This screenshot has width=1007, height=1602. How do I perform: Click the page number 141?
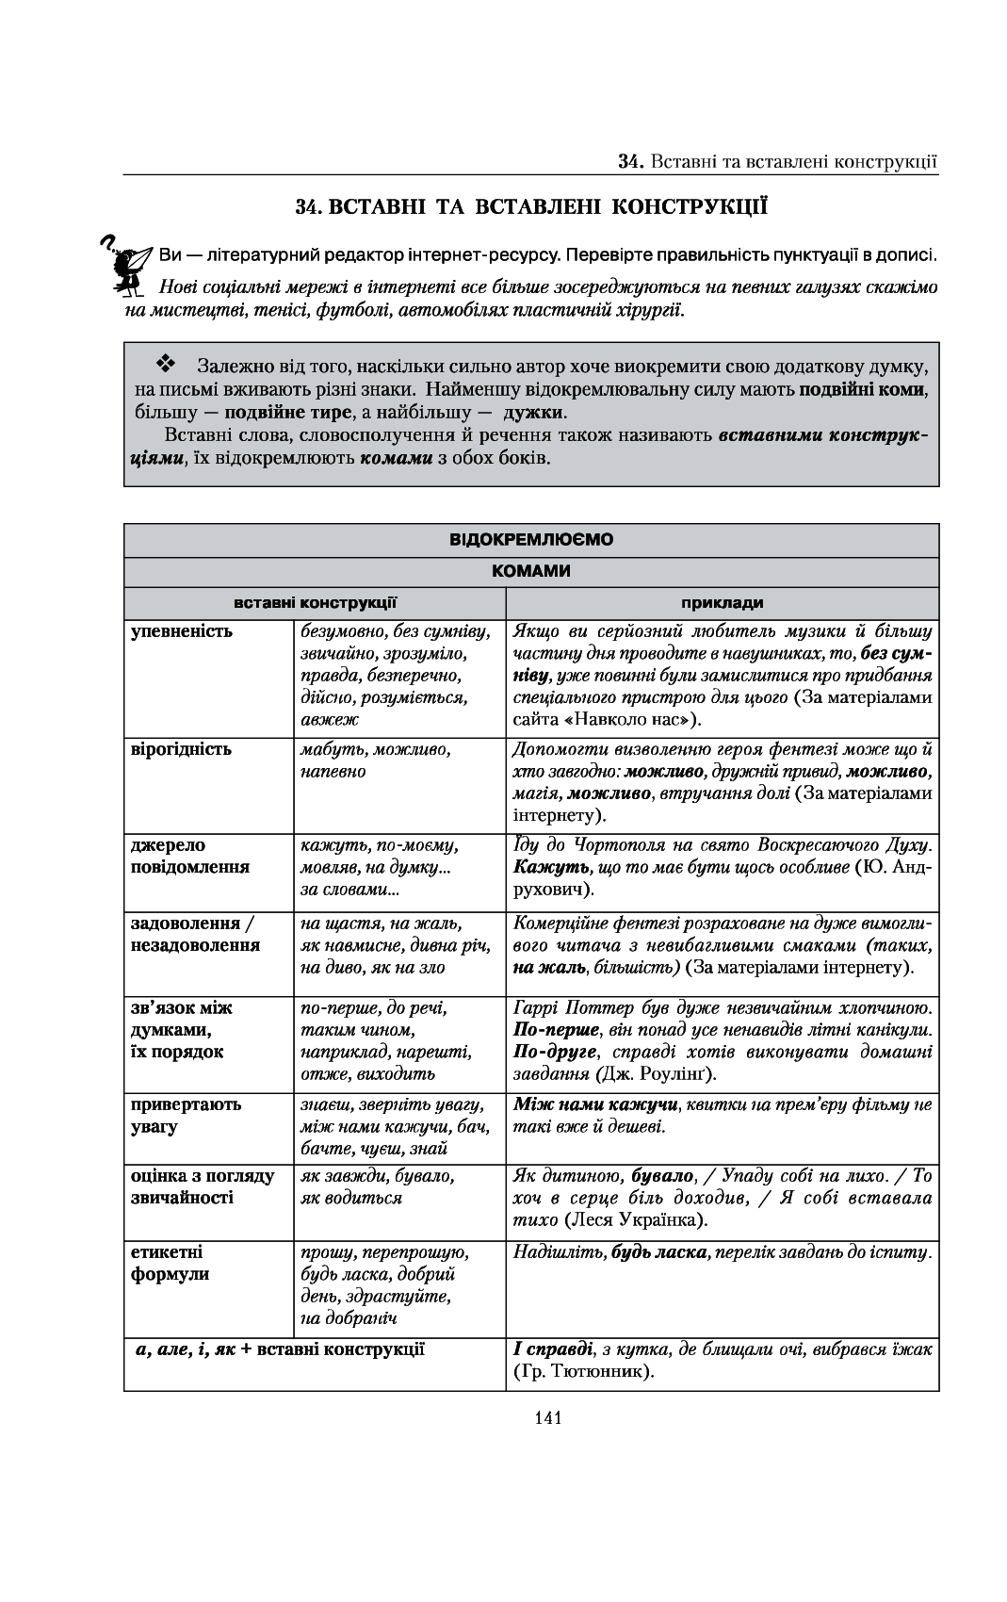[546, 1416]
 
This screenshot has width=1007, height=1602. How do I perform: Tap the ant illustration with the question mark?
[126, 267]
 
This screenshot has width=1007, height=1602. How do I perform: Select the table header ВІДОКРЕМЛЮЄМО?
[531, 540]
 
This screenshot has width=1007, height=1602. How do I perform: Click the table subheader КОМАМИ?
[531, 571]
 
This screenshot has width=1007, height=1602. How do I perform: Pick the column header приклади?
[722, 602]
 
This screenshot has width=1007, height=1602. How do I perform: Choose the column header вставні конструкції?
[315, 602]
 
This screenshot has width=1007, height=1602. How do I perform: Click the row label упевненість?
[181, 631]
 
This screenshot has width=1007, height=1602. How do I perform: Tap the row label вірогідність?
[181, 749]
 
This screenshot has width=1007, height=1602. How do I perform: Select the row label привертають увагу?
[186, 1115]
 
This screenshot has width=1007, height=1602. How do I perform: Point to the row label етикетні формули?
[170, 1263]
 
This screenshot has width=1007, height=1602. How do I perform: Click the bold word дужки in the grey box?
[534, 413]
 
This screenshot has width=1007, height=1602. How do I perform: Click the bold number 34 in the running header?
[628, 161]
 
